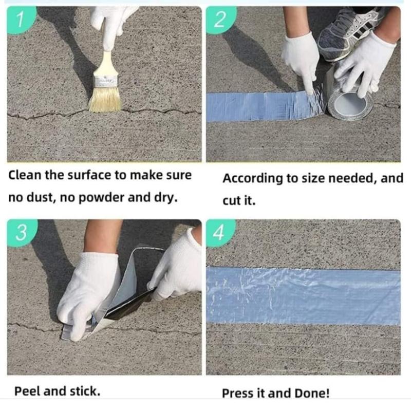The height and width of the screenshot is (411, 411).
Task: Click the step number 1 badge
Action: (21, 20)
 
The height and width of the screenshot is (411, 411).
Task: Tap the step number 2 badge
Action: (220, 20)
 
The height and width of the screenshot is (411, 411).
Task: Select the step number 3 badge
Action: (22, 233)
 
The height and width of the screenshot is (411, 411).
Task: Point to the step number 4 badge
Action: (220, 233)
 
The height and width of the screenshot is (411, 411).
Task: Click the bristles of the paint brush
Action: (105, 99)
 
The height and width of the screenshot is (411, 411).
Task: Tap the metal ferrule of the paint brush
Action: (105, 81)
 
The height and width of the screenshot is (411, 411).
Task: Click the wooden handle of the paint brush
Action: (105, 63)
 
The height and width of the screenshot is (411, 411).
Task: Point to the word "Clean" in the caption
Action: (25, 175)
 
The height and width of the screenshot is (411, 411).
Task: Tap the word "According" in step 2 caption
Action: (252, 179)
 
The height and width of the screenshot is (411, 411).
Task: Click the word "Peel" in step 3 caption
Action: (27, 391)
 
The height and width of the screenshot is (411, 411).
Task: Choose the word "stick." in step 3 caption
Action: (85, 391)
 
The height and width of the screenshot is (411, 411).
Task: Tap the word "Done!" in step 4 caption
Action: (312, 394)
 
